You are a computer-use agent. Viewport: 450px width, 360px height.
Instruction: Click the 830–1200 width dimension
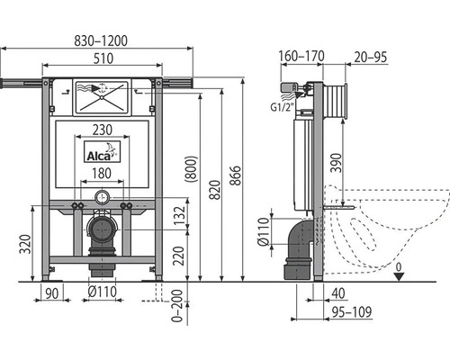[x=101, y=40]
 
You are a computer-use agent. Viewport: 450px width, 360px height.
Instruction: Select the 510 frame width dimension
[x=103, y=58]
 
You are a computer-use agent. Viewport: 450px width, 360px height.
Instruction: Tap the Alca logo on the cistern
[x=102, y=152]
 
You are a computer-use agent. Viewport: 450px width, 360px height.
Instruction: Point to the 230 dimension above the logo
[x=103, y=130]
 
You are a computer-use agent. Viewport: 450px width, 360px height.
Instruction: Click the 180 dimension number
[x=102, y=174]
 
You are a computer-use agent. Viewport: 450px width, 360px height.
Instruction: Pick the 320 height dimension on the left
[x=25, y=244]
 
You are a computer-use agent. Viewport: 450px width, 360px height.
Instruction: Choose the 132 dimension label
[x=179, y=216]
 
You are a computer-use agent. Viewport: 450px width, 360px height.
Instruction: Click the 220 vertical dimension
[x=179, y=256]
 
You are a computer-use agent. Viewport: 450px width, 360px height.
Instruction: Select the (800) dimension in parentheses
[x=191, y=169]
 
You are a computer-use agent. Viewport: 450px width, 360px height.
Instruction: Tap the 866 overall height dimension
[x=236, y=175]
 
